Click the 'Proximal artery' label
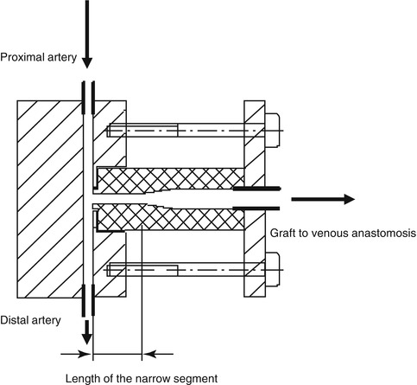click(x=39, y=57)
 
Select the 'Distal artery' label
click(x=31, y=320)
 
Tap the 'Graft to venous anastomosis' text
click(x=343, y=233)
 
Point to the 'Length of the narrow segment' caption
click(x=142, y=378)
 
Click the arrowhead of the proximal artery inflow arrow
click(x=87, y=63)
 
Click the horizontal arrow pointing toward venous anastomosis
click(x=323, y=199)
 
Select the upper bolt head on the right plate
click(x=272, y=130)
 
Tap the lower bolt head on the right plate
click(x=272, y=270)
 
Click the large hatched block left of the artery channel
click(x=50, y=199)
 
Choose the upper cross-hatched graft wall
click(x=170, y=180)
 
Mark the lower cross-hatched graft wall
click(x=170, y=217)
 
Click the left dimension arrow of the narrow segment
click(x=75, y=354)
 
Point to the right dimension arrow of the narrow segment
click(x=158, y=354)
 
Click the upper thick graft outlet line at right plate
click(x=256, y=189)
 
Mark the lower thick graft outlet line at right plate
click(x=256, y=209)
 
